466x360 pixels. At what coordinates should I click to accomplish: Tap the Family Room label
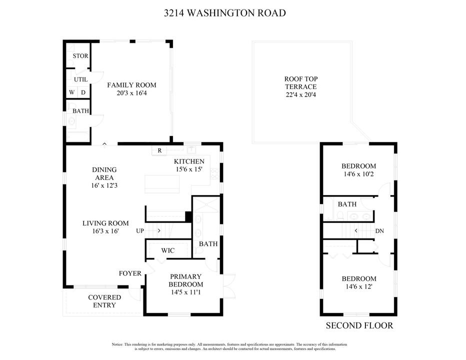pos(131,85)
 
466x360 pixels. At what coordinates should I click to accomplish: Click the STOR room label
pos(80,56)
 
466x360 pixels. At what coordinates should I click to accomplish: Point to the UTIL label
pos(80,79)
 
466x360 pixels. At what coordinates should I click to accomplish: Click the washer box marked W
pos(72,92)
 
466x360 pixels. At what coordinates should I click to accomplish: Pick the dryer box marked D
pos(83,92)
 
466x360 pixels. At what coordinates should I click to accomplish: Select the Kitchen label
pos(189,161)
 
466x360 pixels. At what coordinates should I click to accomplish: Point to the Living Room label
pos(105,223)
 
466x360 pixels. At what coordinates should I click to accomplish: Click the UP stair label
pos(140,231)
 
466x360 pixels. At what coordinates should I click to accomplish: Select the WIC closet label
pos(168,250)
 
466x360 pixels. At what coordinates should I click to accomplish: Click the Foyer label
pos(130,273)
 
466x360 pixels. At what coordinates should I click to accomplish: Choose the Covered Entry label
pos(104,301)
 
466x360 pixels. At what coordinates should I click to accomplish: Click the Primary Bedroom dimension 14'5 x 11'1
pos(185,292)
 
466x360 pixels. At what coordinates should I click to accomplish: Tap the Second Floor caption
pos(359,325)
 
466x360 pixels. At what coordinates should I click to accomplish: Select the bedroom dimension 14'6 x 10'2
pos(358,175)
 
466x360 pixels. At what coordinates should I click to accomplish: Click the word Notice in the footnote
pos(117,344)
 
